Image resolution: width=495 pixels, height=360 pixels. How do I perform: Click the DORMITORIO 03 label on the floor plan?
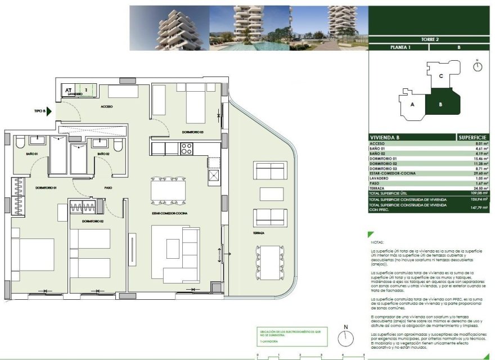[192, 132]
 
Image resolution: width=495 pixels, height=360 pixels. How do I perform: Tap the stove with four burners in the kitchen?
[186, 149]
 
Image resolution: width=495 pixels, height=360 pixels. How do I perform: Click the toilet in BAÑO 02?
[118, 146]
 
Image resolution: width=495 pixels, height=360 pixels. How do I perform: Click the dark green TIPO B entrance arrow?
[50, 111]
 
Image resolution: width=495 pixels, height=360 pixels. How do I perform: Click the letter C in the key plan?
[442, 76]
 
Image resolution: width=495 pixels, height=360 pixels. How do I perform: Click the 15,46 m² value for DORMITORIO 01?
[479, 159]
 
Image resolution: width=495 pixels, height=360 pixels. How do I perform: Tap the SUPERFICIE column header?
[472, 137]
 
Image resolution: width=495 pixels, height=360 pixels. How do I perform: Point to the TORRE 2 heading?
[429, 39]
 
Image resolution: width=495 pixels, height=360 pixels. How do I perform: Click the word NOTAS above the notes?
[377, 242]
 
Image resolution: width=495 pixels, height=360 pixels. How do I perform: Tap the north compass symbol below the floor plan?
[346, 339]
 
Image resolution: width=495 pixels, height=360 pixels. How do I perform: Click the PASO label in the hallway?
[109, 188]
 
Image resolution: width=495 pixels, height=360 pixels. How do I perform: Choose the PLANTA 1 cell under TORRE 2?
[400, 48]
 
